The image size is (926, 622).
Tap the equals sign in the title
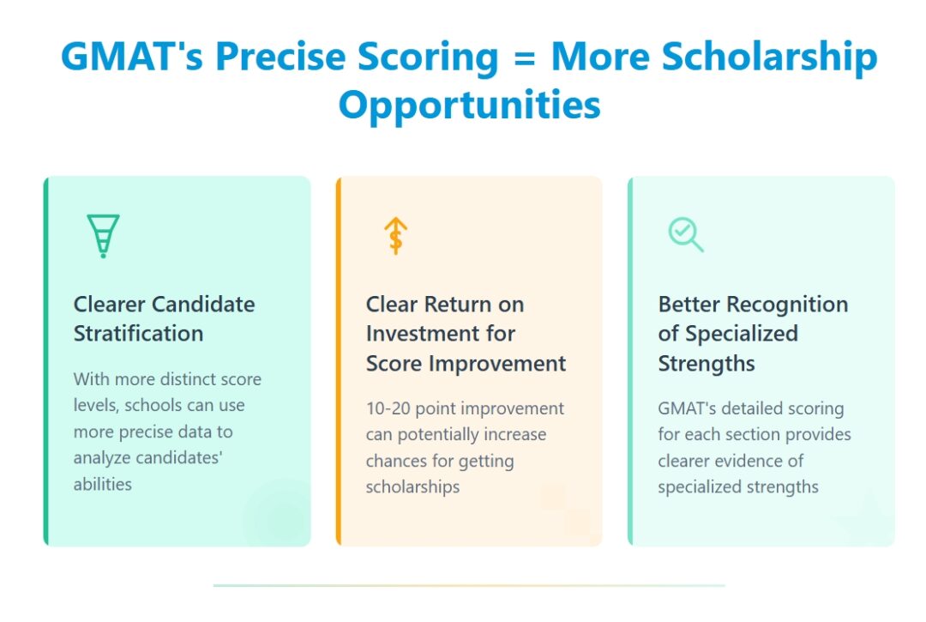click(523, 57)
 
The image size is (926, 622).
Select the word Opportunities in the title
click(469, 106)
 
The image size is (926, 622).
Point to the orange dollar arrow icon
click(395, 235)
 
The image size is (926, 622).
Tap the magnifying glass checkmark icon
click(686, 234)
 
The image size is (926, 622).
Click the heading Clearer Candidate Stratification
click(164, 318)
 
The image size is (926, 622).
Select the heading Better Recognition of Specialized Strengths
click(753, 334)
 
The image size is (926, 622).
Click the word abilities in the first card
click(103, 484)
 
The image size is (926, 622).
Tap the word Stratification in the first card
click(138, 334)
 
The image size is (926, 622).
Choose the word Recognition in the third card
click(787, 305)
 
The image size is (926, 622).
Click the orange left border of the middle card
click(339, 361)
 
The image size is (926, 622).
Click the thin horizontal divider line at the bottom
click(468, 585)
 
